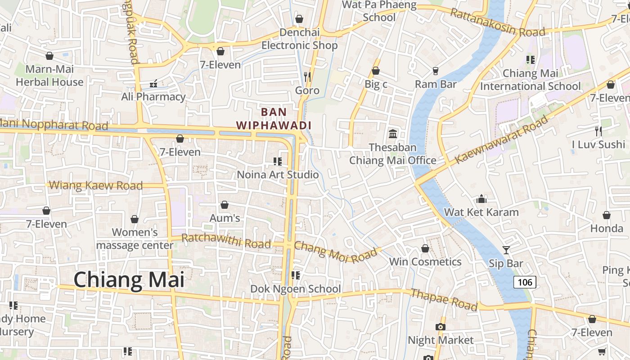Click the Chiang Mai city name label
(x=129, y=279)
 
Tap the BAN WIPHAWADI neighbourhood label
(x=274, y=118)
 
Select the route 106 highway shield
(x=525, y=282)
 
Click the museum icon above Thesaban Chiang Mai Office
(x=393, y=134)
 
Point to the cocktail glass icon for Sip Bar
(x=506, y=250)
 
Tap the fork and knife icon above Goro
(x=307, y=76)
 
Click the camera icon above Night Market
(x=441, y=327)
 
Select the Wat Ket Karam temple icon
(x=481, y=198)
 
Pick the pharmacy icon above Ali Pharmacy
(x=153, y=83)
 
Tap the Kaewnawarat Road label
(x=502, y=139)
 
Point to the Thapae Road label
(x=444, y=300)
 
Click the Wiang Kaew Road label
(x=95, y=185)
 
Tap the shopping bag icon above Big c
(x=376, y=71)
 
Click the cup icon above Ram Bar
(x=435, y=71)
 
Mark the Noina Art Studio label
(x=278, y=175)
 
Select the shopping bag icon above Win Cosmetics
(x=425, y=248)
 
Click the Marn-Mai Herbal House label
(x=49, y=76)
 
